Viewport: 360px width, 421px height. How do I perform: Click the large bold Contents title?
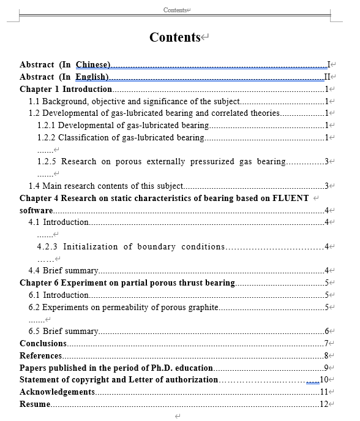[175, 37]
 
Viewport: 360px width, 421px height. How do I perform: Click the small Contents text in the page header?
[175, 10]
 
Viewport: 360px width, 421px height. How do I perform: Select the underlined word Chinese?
[92, 64]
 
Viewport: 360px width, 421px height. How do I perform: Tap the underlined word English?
[92, 77]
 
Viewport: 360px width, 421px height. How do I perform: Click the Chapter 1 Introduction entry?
[66, 89]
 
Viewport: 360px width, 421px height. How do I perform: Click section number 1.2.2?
[46, 137]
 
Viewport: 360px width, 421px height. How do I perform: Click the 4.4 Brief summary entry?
[63, 270]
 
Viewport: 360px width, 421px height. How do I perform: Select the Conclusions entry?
[43, 343]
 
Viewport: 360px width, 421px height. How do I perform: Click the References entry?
[40, 355]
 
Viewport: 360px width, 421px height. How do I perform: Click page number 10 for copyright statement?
[324, 380]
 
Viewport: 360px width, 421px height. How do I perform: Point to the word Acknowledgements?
[57, 392]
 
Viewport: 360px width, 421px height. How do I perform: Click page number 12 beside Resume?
[324, 404]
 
